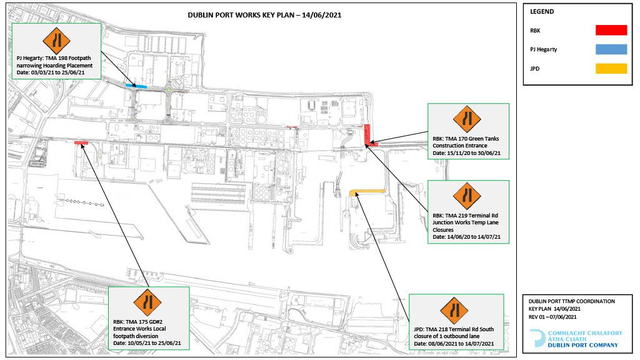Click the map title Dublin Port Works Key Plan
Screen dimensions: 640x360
[264, 15]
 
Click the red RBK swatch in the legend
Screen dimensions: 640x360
[611, 30]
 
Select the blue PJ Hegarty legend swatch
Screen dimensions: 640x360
[611, 49]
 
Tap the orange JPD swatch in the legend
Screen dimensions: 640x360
[611, 69]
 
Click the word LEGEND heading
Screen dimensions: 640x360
[542, 11]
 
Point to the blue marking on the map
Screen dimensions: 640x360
[136, 86]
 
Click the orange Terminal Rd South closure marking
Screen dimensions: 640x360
[367, 191]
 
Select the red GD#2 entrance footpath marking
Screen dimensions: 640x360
[81, 143]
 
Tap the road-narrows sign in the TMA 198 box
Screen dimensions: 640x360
[56, 41]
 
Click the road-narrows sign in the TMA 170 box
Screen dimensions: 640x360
[467, 119]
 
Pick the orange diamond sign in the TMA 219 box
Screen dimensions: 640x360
[467, 196]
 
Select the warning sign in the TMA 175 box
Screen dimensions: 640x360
[147, 302]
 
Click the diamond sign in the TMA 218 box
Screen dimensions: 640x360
[454, 310]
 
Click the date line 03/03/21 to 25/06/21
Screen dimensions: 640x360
[51, 72]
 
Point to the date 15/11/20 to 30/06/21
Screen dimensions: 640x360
[466, 153]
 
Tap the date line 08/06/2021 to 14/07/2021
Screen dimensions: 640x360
[454, 344]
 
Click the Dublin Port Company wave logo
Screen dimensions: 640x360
[538, 338]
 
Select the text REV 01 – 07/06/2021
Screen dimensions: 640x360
[552, 317]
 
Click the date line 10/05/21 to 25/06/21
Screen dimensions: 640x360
[147, 343]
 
